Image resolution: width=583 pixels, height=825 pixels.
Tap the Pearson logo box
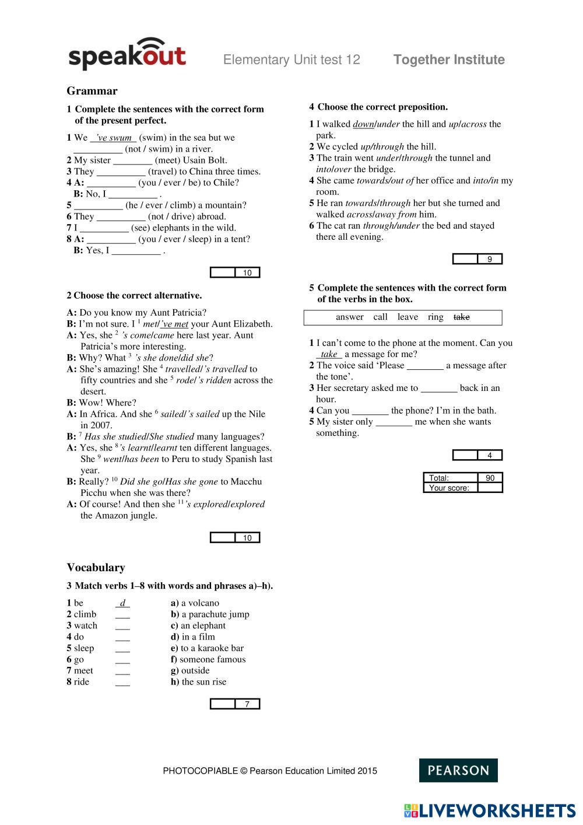point(458,770)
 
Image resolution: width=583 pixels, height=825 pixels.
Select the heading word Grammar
point(92,91)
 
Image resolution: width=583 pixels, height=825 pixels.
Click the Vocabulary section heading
point(96,568)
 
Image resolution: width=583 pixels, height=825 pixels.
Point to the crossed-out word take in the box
point(461,317)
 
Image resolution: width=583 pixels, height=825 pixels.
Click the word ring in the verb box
point(436,317)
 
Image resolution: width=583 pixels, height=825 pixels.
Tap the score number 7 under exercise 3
point(247,704)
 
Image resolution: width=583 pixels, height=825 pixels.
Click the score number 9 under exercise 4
point(490,259)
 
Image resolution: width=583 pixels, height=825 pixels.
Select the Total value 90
point(490,478)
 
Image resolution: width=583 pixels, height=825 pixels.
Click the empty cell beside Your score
point(490,488)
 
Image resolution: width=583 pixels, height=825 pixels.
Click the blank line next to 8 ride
point(122,682)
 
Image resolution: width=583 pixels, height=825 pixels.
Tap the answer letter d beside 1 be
point(122,603)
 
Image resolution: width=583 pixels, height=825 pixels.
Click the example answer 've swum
point(114,138)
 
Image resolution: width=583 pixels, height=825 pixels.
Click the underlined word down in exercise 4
point(363,124)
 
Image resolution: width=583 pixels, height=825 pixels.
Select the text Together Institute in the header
point(449,60)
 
